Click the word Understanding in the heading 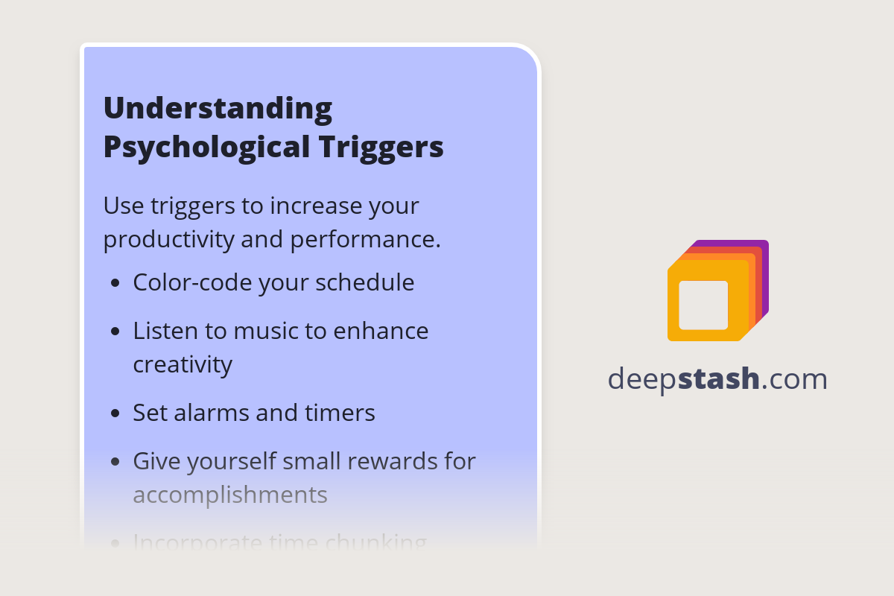pos(218,109)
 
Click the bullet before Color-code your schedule pos(115,284)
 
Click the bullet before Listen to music pos(115,332)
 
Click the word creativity pos(183,364)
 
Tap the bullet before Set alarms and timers pos(115,413)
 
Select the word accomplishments pos(230,495)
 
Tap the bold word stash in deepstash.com pos(719,379)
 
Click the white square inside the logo pos(703,305)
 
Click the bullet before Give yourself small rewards pos(115,462)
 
